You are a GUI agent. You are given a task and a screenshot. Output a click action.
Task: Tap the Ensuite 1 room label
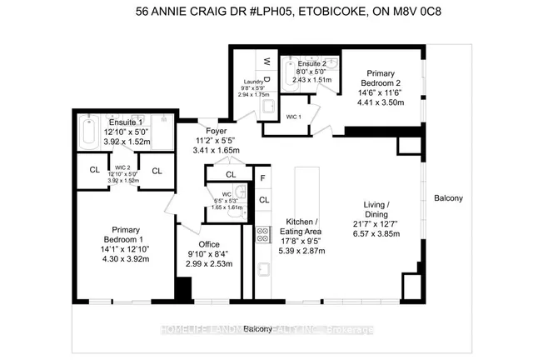[124, 121]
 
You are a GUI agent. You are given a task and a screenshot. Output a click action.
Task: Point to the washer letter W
[267, 61]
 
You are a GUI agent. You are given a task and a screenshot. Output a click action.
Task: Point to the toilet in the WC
[237, 212]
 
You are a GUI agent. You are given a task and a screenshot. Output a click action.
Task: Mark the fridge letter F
[263, 178]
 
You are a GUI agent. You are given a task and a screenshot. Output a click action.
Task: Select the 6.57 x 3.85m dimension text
[379, 237]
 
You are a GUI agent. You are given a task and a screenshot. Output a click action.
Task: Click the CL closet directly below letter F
[263, 200]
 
